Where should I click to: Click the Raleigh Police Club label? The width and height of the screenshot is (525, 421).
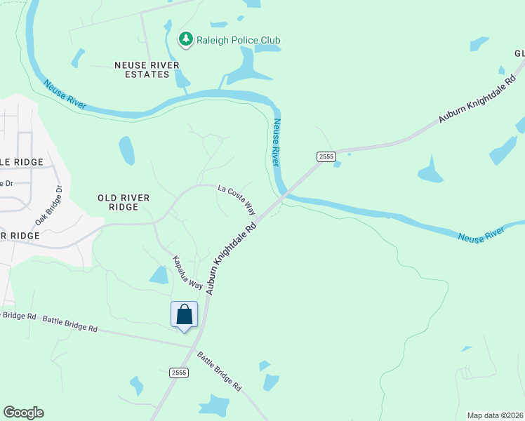(238, 40)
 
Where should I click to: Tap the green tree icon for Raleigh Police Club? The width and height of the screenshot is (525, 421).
(185, 39)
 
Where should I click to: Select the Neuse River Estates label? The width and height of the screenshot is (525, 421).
(147, 69)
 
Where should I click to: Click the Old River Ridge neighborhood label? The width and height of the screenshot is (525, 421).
(124, 203)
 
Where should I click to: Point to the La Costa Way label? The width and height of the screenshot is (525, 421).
(237, 199)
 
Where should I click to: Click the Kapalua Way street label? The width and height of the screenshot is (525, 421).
(188, 273)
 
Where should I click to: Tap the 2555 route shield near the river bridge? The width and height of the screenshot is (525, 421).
(325, 156)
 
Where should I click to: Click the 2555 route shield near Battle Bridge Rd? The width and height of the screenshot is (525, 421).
(178, 373)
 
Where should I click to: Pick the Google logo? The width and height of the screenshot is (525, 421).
(23, 413)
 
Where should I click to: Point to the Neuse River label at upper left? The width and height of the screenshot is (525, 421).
(65, 95)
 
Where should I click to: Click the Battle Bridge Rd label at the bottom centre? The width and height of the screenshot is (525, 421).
(219, 371)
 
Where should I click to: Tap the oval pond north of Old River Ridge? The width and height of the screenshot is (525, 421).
(126, 150)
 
